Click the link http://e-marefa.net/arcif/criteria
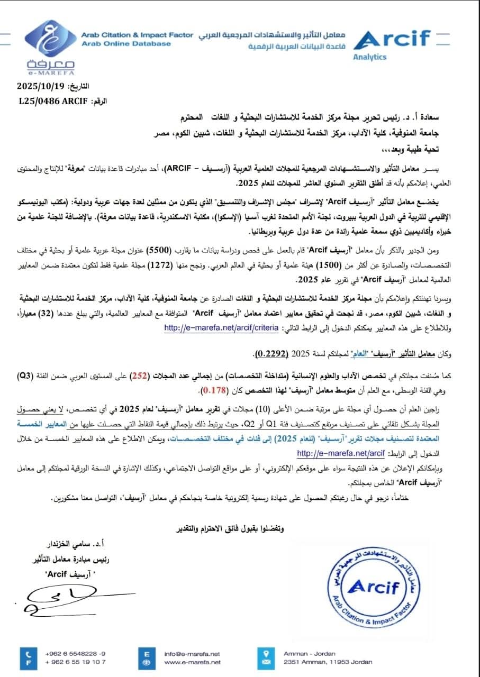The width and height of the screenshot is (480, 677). coord(221,328)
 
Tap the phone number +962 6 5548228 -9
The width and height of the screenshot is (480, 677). coord(75,653)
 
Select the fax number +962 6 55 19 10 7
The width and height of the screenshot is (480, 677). coord(75,662)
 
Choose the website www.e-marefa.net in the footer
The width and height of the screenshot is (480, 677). coord(192,662)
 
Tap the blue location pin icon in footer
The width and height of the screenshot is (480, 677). coord(267,653)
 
